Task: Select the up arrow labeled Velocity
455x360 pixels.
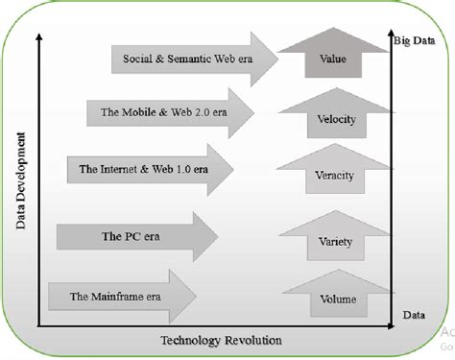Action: point(335,119)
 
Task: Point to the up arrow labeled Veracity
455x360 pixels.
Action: point(335,175)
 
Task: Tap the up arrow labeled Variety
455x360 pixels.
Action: point(335,241)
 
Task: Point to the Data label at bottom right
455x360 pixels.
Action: point(414,314)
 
